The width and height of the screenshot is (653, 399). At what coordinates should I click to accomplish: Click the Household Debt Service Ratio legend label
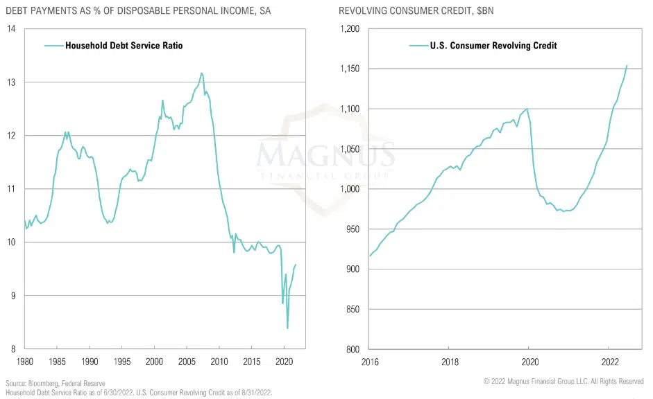[x=124, y=46]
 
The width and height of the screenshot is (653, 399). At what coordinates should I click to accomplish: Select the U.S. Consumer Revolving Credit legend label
[x=493, y=46]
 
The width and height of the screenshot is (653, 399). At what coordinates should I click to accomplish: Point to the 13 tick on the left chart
[x=12, y=82]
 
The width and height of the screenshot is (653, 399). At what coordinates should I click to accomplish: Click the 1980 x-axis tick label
[x=24, y=361]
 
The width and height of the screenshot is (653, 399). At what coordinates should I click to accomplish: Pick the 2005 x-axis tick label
[x=187, y=361]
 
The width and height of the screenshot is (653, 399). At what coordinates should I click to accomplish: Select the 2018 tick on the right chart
[x=448, y=361]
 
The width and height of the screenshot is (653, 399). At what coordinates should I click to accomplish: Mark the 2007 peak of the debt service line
[x=202, y=73]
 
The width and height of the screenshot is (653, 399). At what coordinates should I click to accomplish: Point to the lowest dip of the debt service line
[x=287, y=328]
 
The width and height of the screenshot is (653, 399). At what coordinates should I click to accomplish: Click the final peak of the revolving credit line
[x=627, y=66]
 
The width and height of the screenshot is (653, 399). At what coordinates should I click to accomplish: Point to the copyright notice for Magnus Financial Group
[x=563, y=382]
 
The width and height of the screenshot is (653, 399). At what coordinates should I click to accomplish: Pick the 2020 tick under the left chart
[x=285, y=361]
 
